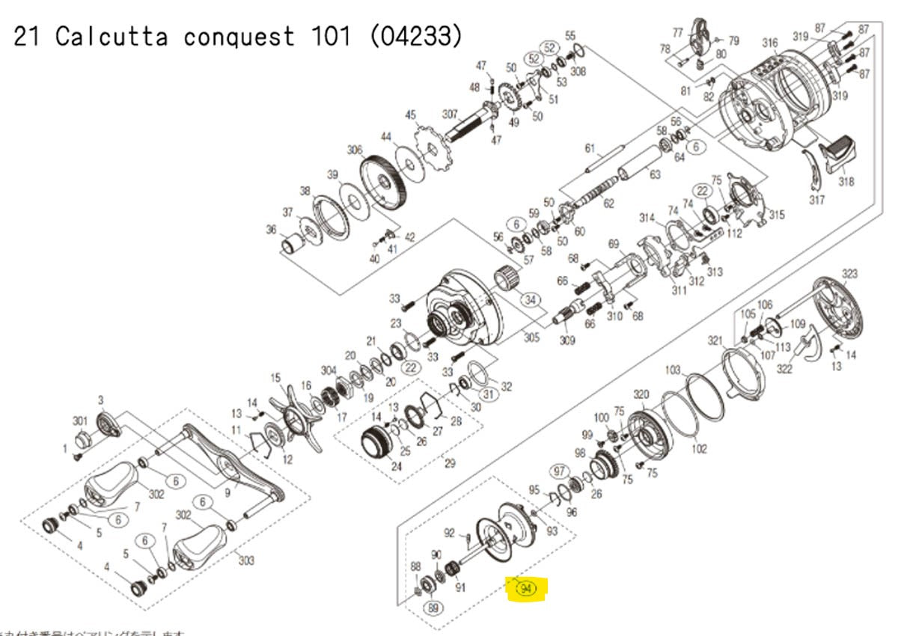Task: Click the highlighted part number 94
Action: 526,589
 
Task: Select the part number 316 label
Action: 770,43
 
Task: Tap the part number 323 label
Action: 850,274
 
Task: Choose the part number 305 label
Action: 531,337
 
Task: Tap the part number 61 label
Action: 589,147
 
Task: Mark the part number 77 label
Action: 678,33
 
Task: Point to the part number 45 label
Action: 410,114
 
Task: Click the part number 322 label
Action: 784,369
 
